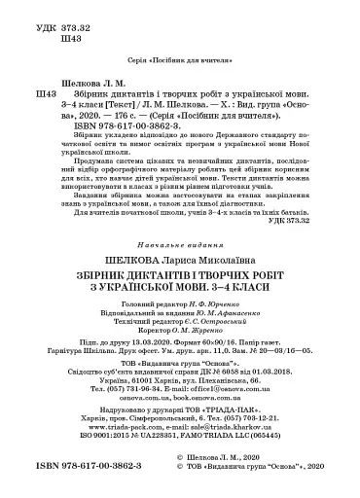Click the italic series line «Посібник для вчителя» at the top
(180, 58)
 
